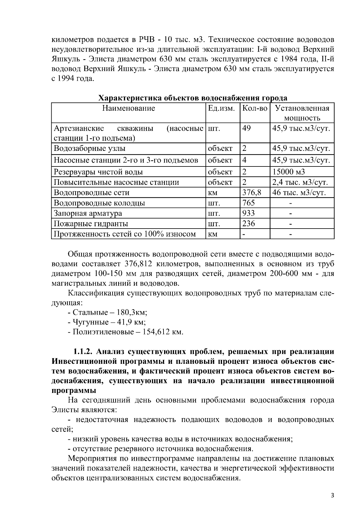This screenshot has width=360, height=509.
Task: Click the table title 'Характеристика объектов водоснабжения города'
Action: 193,98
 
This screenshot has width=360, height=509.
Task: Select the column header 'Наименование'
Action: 128,108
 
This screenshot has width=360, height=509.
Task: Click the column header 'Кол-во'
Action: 255,108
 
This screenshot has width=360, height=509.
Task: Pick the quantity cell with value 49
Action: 247,128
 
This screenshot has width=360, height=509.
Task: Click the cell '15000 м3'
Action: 288,172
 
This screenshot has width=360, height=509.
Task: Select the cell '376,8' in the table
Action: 251,193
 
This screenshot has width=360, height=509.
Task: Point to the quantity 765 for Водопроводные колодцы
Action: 248,203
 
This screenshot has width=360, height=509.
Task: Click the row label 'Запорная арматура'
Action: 88,214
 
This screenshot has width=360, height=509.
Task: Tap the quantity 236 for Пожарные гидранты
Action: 248,224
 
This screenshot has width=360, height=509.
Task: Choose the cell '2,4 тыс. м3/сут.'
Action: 300,182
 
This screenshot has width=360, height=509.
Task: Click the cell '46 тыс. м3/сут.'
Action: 299,193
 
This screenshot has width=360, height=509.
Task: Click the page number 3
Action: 332,496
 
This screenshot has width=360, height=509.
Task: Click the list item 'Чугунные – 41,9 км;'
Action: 107,322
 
